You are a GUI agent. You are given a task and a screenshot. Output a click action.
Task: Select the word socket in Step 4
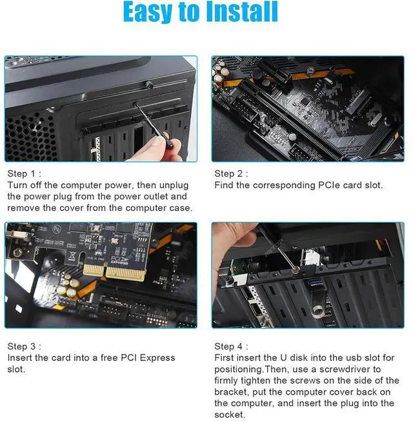229,415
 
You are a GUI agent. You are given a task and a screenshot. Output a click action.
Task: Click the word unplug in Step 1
174,186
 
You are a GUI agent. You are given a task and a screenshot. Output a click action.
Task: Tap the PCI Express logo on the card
119,260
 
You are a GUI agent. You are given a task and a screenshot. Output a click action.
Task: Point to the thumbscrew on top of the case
150,85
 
